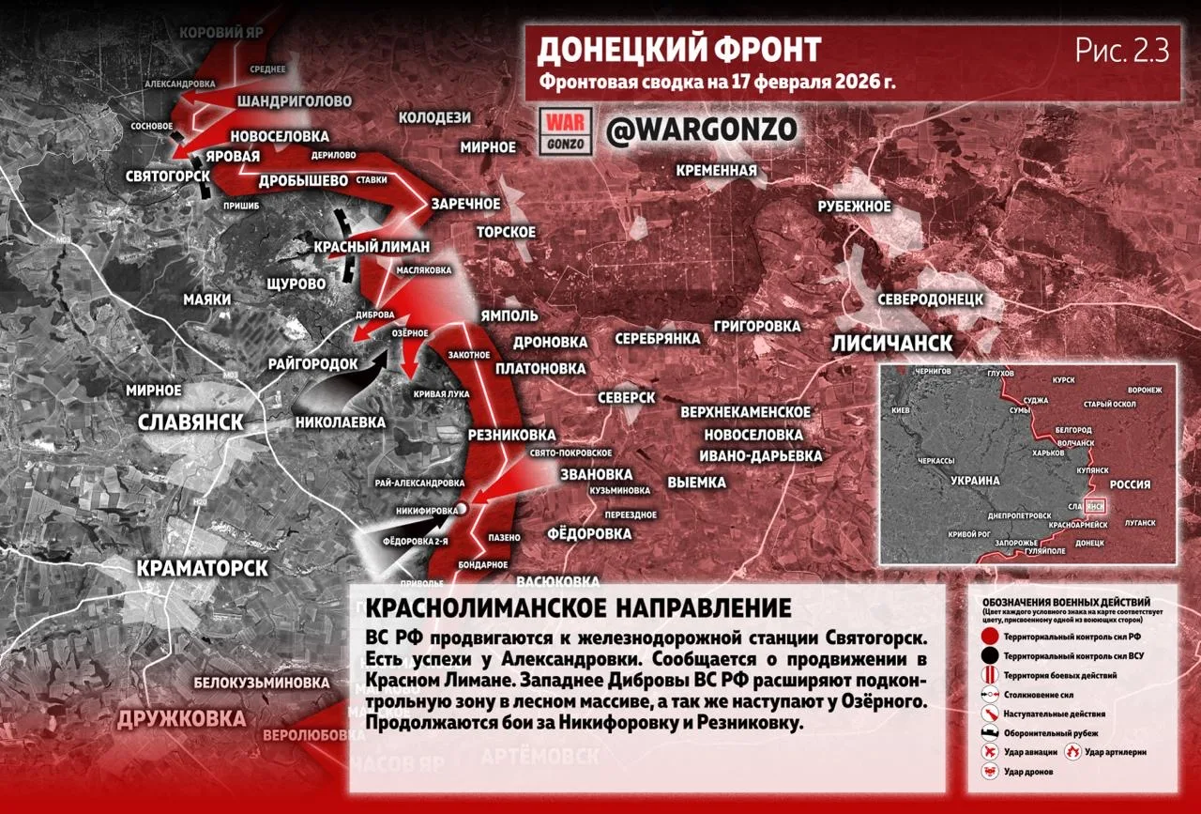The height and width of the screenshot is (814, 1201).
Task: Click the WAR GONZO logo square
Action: (x=566, y=131)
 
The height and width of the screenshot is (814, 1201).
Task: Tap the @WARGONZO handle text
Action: (x=702, y=130)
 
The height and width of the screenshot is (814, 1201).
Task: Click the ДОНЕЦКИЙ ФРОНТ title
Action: (x=678, y=49)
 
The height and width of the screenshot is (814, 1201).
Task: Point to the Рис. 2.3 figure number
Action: (x=1122, y=51)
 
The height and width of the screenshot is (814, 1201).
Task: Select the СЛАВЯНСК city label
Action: (x=190, y=422)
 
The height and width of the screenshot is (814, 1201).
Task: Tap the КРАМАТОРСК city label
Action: (x=203, y=568)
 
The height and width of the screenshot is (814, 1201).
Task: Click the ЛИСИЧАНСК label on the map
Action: (x=892, y=343)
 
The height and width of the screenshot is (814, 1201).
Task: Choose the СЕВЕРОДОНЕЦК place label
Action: (x=930, y=299)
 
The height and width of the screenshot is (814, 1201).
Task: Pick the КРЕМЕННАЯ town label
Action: (x=717, y=170)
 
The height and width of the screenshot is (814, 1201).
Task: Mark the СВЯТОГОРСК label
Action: (x=169, y=176)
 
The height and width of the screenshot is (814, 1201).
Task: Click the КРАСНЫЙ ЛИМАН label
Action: (x=372, y=247)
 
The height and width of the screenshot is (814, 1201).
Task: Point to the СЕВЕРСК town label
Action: (x=627, y=397)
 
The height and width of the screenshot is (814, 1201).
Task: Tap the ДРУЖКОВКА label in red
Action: (x=181, y=719)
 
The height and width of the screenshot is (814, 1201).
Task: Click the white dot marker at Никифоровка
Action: (x=462, y=508)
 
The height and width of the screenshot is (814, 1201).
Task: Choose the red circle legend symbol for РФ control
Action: (x=989, y=637)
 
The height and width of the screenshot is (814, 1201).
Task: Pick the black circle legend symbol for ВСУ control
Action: (x=989, y=656)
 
